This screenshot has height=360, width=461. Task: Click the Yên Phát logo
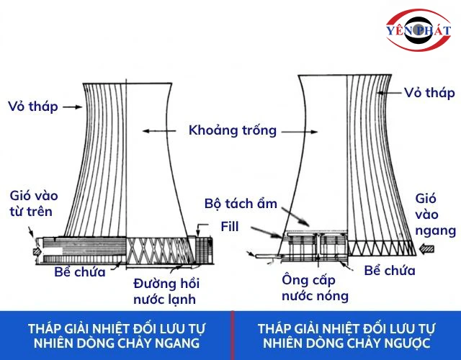(x=419, y=30)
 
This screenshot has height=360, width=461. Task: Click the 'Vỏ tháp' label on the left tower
(x=33, y=107)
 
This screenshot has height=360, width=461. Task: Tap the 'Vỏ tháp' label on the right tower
(x=429, y=93)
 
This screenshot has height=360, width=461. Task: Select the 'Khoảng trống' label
(x=233, y=130)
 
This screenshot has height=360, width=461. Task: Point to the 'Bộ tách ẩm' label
(x=241, y=203)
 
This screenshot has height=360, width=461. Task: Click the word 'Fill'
(x=230, y=227)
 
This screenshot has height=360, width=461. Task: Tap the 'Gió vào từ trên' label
(x=34, y=203)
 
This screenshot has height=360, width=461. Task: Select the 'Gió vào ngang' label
(x=435, y=215)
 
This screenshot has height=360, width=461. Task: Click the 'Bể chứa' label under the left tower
(x=80, y=272)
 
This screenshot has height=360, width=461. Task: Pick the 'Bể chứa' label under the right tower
(x=390, y=271)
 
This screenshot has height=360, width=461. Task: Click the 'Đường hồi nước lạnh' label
(x=166, y=291)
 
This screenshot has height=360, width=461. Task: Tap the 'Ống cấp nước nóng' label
(x=315, y=288)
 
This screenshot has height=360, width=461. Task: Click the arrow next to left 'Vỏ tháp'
(x=73, y=107)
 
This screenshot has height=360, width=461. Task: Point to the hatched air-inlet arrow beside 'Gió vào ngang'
(x=426, y=249)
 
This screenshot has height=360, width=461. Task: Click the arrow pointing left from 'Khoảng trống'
(x=159, y=131)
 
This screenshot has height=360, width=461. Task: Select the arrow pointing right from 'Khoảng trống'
(x=300, y=132)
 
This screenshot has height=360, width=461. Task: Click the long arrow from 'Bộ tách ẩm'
(x=295, y=217)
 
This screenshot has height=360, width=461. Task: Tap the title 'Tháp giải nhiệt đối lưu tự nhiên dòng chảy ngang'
(x=117, y=336)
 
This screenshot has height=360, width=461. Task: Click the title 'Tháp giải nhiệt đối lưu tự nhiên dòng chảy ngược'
(x=346, y=336)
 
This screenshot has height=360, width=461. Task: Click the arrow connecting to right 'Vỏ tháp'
(x=389, y=93)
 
